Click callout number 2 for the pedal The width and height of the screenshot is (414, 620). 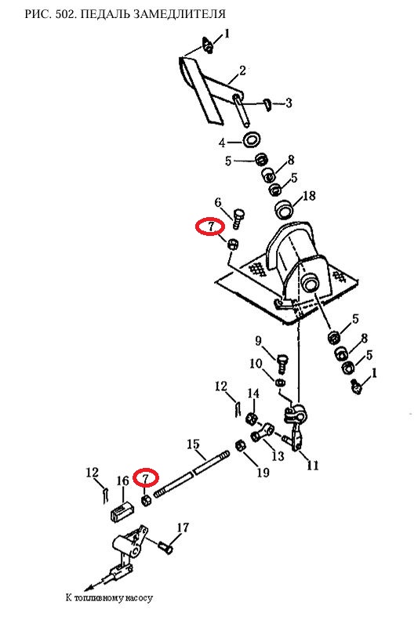point(242,71)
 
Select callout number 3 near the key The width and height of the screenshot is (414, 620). point(289,103)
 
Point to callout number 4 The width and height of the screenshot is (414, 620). point(222,143)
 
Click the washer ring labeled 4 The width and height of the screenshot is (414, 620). point(250,139)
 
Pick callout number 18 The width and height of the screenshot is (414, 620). point(309,195)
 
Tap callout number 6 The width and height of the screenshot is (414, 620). point(218,203)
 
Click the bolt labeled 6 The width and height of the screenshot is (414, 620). point(238,219)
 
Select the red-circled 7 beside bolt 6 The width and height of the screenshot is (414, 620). point(210,227)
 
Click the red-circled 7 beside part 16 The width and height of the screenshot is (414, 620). point(146,478)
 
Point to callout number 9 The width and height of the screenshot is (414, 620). point(258,340)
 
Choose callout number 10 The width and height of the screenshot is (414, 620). point(256,364)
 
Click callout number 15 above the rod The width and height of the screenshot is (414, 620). point(194,444)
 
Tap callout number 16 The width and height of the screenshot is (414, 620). point(123,480)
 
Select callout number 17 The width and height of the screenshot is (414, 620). point(183,528)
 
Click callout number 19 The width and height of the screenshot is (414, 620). point(263,472)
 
